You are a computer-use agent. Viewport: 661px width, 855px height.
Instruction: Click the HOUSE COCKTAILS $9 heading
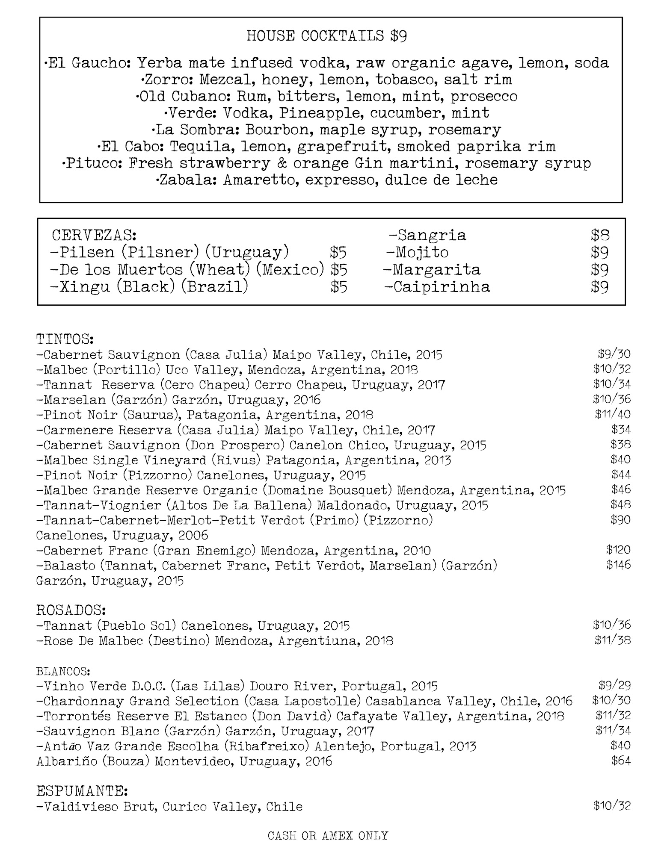pyautogui.click(x=326, y=36)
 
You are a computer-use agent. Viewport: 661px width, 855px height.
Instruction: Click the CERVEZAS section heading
pyautogui.click(x=94, y=235)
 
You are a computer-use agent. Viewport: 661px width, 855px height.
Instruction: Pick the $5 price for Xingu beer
pyautogui.click(x=338, y=286)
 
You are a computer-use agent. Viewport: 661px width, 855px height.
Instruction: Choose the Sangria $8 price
pyautogui.click(x=600, y=235)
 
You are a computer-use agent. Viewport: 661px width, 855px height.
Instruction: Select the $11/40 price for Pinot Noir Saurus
pyautogui.click(x=612, y=414)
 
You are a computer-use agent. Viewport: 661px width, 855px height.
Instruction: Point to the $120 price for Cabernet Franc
pyautogui.click(x=618, y=550)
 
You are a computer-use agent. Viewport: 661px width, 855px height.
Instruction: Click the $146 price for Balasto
pyautogui.click(x=618, y=565)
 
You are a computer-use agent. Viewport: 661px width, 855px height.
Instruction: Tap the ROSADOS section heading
pyautogui.click(x=71, y=609)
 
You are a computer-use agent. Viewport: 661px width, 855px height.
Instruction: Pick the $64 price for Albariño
pyautogui.click(x=621, y=761)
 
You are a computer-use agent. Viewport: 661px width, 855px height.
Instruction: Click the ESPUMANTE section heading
pyautogui.click(x=82, y=791)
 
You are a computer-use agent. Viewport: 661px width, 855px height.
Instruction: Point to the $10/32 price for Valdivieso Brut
pyautogui.click(x=612, y=806)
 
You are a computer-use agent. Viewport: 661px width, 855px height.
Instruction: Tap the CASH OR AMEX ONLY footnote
pyautogui.click(x=328, y=835)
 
